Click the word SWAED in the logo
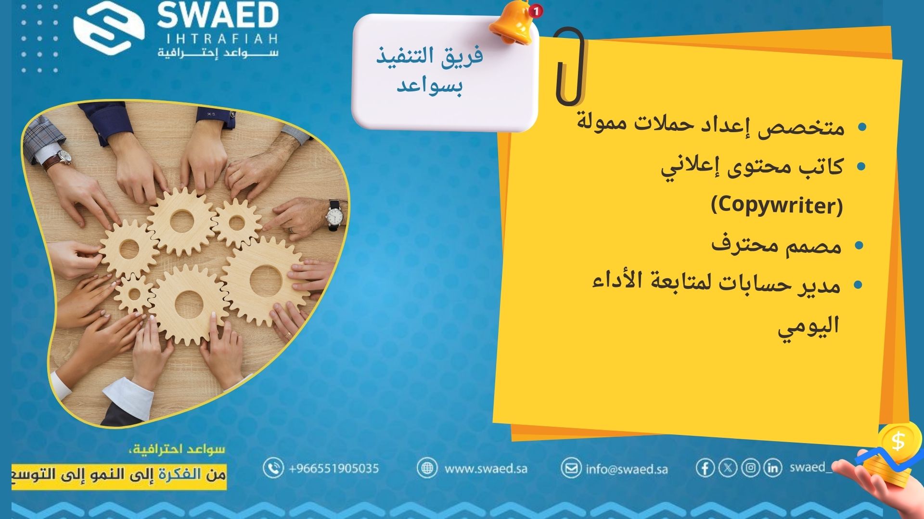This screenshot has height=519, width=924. (x=218, y=16)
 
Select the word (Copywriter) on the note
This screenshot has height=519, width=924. (x=777, y=206)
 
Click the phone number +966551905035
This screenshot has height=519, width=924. (x=334, y=468)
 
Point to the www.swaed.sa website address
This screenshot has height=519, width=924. (x=486, y=468)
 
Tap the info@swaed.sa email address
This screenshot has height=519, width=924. (x=627, y=469)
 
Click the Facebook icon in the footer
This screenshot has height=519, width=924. (x=705, y=468)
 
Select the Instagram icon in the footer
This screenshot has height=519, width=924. (x=750, y=468)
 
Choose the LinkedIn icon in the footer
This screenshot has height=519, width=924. (x=772, y=468)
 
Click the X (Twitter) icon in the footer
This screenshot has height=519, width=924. (x=728, y=468)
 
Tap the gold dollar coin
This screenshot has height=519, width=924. (x=898, y=440)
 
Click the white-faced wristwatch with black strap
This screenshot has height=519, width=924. (x=335, y=215)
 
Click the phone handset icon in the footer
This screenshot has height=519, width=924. (x=273, y=468)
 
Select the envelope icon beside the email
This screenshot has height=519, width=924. (x=571, y=468)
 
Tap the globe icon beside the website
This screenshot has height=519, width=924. (x=427, y=468)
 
